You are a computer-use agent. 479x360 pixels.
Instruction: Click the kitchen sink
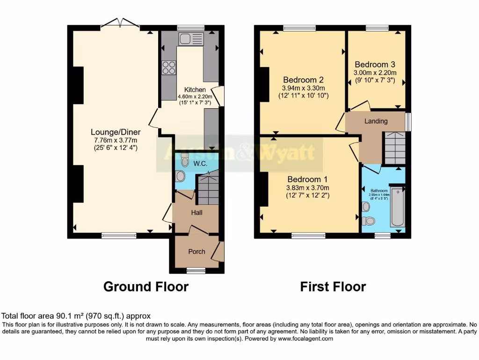190,38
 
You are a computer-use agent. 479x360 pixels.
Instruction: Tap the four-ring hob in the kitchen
168,67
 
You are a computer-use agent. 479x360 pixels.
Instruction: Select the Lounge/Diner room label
116,132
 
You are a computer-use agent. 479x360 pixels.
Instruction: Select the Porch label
196,252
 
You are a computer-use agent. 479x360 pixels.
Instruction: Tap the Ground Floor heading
145,286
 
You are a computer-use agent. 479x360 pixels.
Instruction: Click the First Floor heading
333,286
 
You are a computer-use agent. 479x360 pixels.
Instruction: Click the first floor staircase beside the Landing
394,148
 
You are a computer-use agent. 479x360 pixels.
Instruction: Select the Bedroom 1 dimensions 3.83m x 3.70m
307,187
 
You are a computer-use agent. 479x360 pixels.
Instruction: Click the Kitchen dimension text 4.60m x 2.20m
195,97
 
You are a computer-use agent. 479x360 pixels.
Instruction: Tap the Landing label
376,121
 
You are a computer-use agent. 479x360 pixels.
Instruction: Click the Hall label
196,213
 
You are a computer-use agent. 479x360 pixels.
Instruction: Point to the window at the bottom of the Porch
196,270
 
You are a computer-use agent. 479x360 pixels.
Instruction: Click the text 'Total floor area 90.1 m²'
51,316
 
